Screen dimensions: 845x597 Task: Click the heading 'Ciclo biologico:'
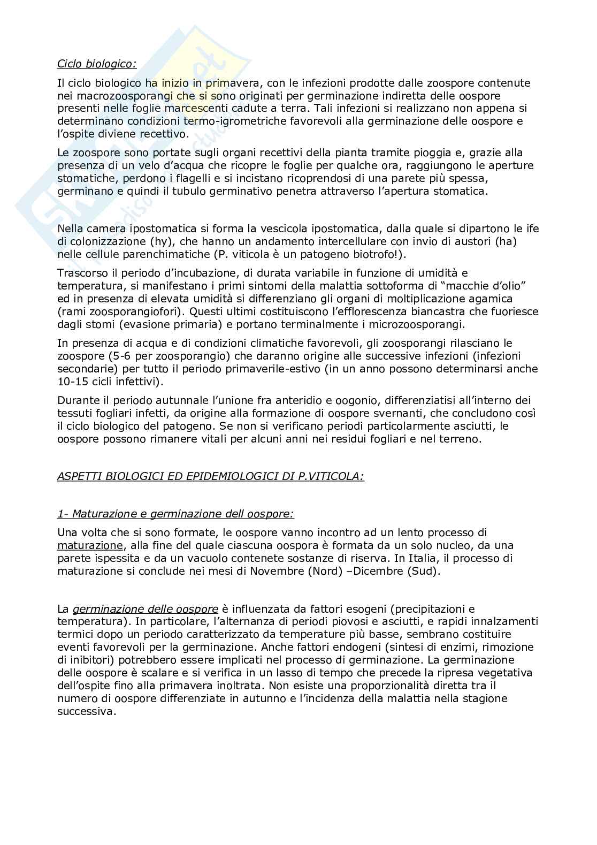point(97,64)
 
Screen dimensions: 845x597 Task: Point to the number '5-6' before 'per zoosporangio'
point(114,356)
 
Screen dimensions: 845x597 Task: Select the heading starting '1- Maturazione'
point(175,514)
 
